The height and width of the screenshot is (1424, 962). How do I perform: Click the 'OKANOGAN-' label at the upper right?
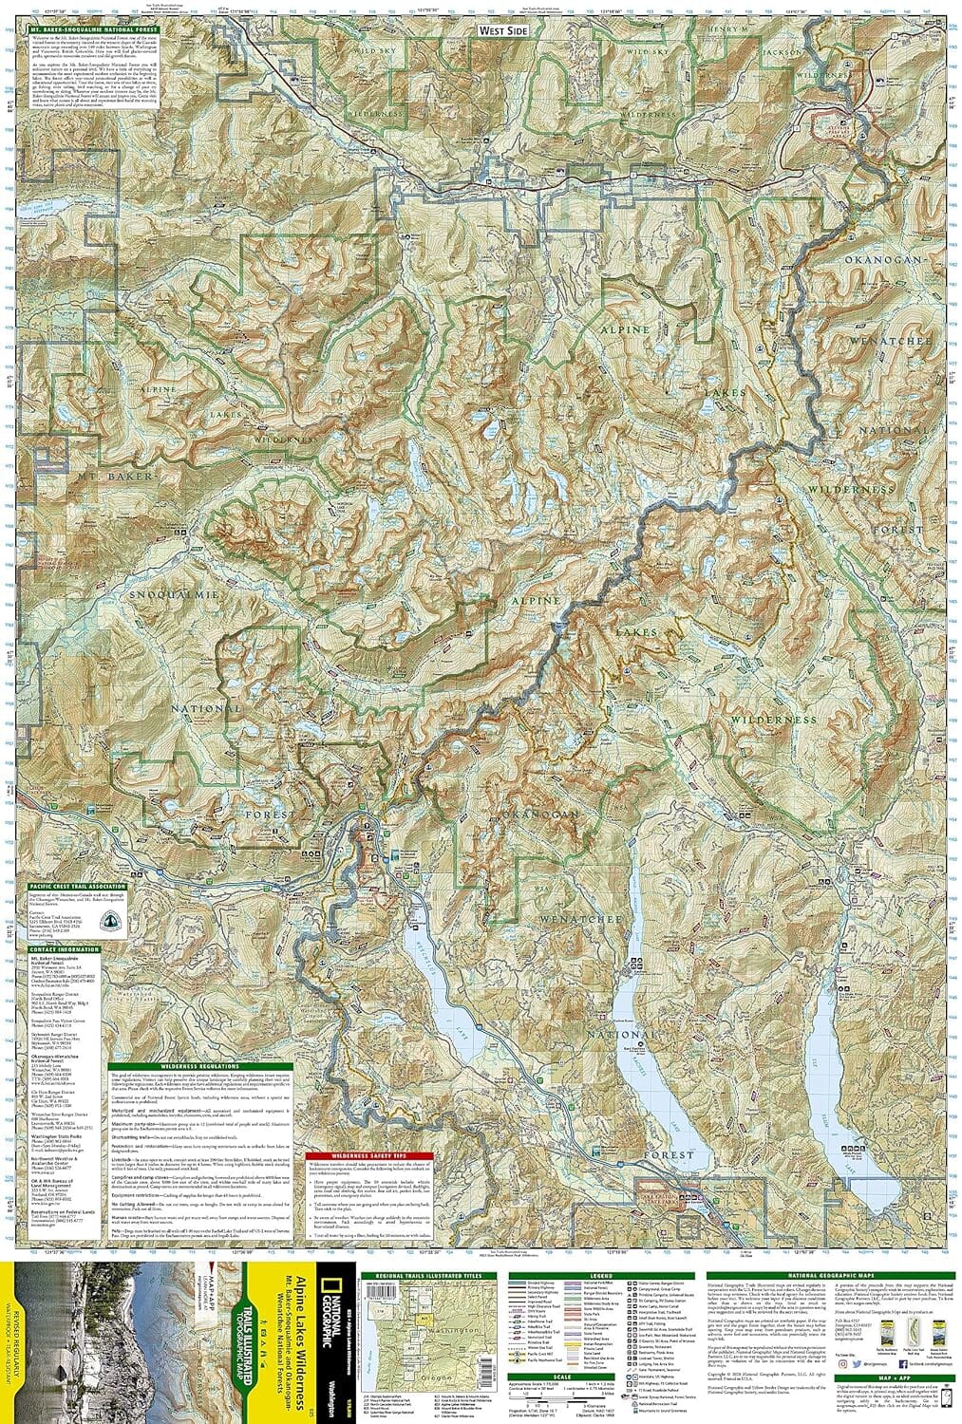point(886,258)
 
